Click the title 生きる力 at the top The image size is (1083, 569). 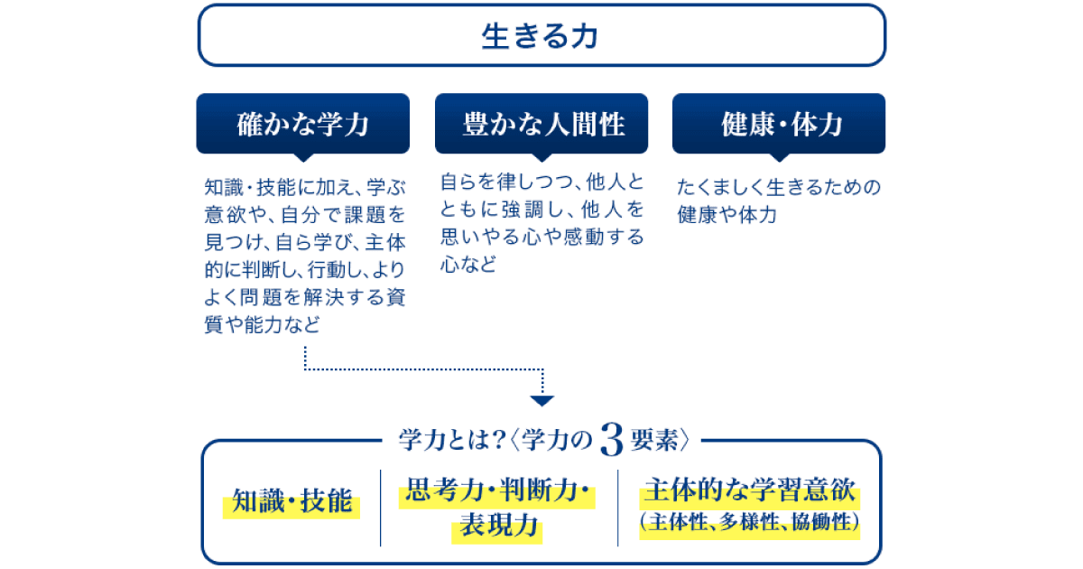(x=540, y=36)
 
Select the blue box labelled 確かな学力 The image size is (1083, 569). (x=302, y=124)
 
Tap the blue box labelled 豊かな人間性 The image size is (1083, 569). (x=541, y=124)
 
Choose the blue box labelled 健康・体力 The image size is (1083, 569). (x=779, y=124)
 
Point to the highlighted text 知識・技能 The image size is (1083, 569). (x=292, y=500)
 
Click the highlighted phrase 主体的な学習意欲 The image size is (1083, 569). (x=750, y=490)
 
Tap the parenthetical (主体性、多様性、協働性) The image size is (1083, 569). (x=750, y=522)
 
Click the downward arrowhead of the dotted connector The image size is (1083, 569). (x=542, y=401)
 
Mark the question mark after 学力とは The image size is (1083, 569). (x=497, y=440)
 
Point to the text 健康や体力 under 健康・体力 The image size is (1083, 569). (x=727, y=215)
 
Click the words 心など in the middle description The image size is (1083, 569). (x=468, y=264)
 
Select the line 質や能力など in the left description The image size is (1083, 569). (x=262, y=324)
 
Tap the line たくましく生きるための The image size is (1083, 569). (x=779, y=187)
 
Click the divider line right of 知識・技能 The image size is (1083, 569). (x=381, y=508)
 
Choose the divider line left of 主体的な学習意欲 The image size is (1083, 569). (x=618, y=508)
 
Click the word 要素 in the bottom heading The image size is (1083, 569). (x=654, y=440)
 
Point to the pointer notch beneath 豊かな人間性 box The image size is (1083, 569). (x=541, y=158)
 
